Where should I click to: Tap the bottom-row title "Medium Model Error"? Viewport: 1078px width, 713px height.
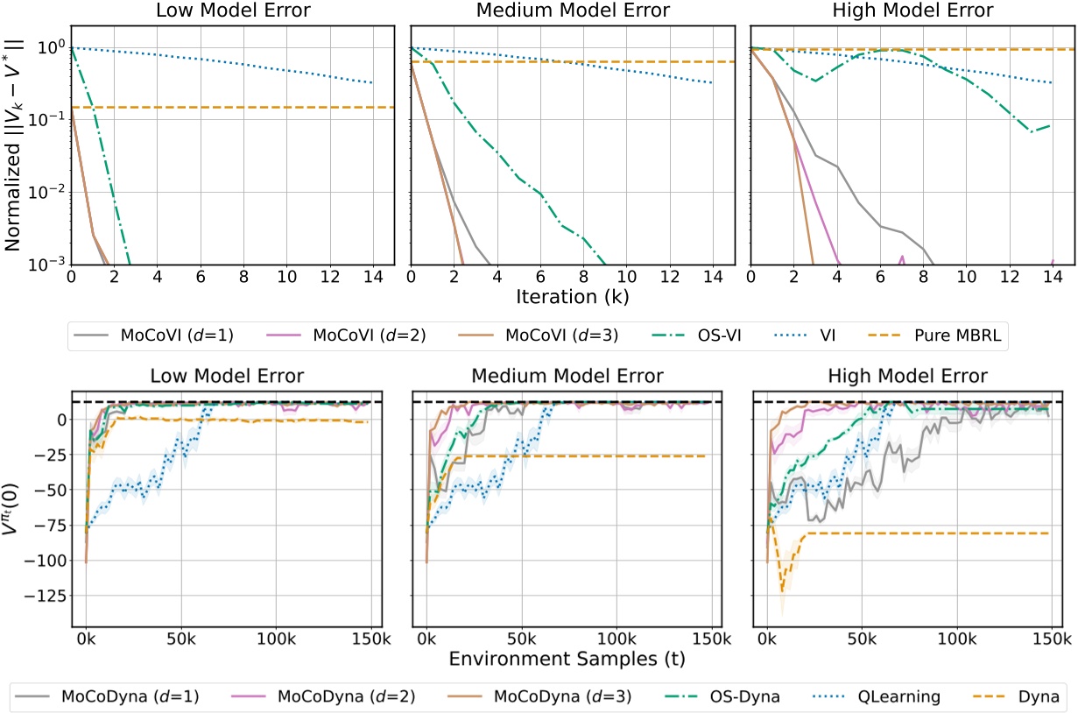[567, 377]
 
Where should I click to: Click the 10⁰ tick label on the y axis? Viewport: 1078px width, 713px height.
[49, 48]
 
